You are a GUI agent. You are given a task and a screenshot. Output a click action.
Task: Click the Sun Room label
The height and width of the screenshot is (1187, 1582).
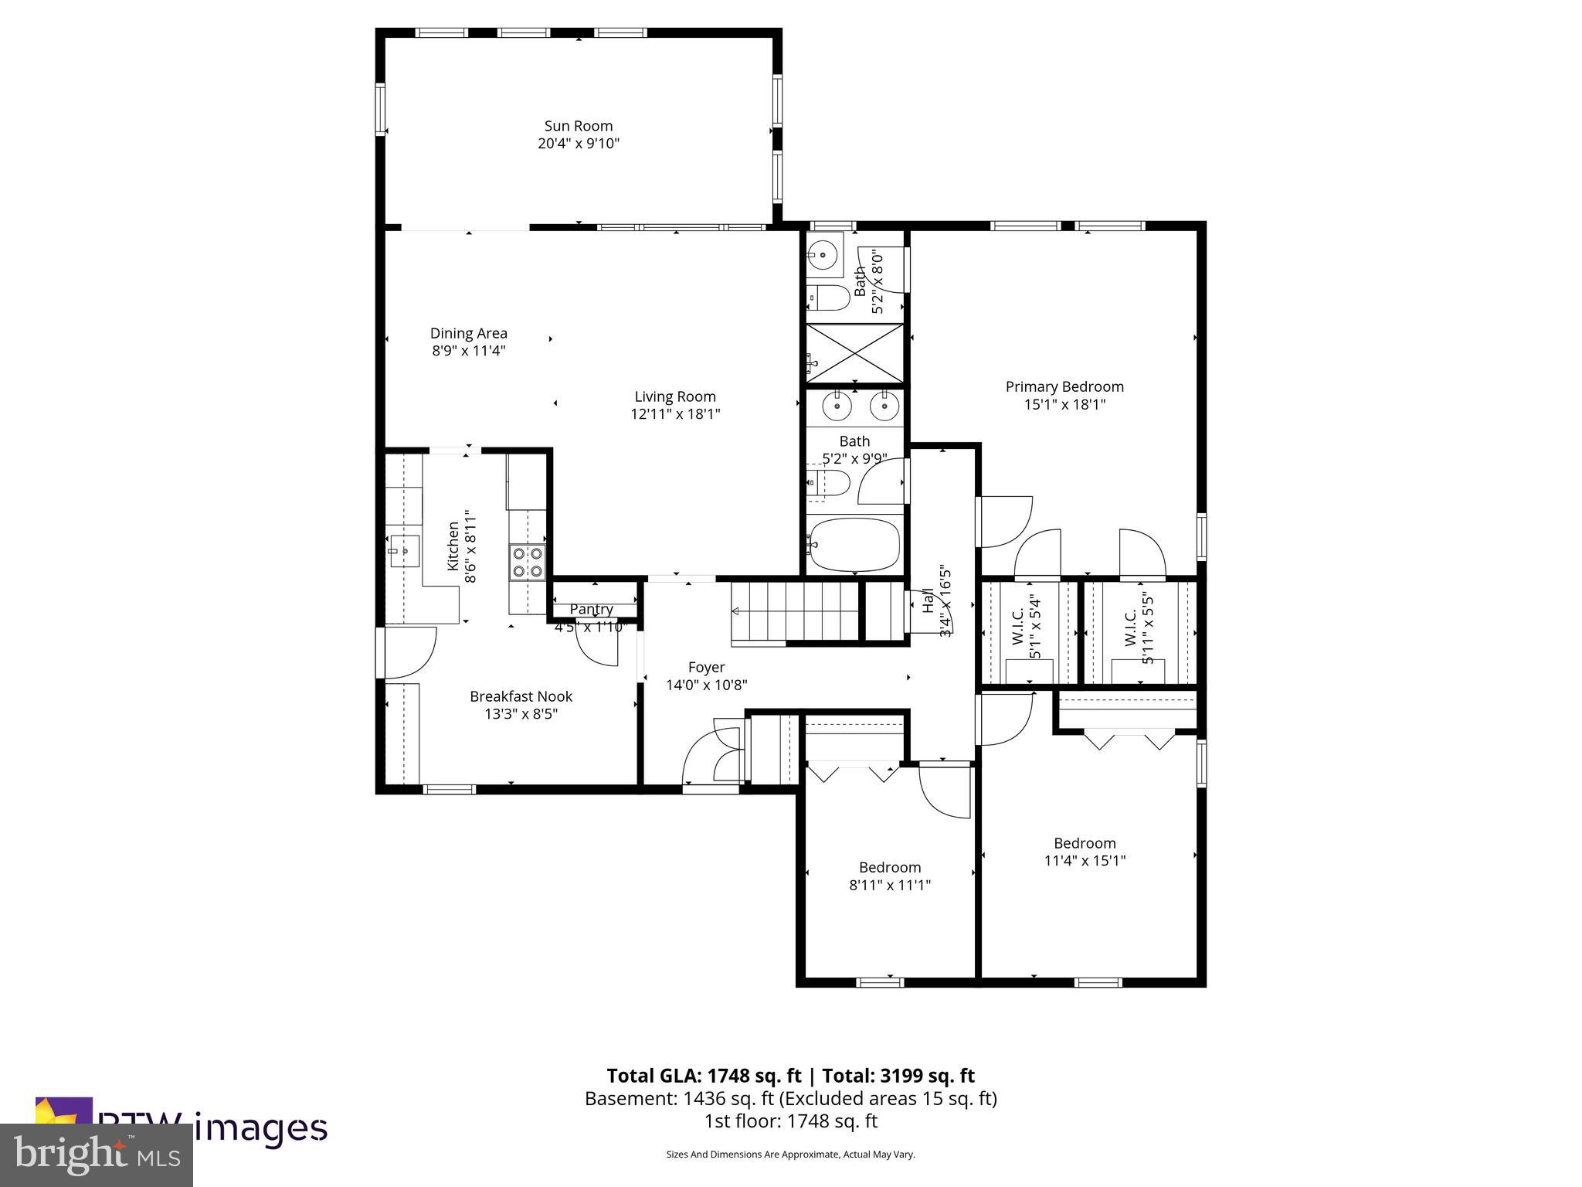578,126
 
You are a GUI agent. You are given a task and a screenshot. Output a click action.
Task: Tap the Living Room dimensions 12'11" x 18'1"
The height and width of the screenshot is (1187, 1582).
675,414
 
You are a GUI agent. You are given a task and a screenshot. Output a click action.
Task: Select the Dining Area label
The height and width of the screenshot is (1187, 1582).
468,333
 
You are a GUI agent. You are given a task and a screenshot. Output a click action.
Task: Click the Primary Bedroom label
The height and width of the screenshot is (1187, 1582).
1064,386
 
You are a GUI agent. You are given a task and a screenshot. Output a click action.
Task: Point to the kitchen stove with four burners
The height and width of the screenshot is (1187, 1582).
527,562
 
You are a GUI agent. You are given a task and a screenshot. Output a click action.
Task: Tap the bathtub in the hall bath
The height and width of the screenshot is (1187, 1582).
854,545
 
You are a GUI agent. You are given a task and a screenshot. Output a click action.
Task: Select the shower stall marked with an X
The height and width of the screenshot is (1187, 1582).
854,353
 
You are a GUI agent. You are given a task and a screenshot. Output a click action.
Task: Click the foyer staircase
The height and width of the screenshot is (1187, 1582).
796,611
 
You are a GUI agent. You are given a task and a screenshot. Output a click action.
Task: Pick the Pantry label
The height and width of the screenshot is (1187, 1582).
592,609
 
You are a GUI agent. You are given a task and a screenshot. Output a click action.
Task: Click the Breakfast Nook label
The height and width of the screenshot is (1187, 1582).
521,696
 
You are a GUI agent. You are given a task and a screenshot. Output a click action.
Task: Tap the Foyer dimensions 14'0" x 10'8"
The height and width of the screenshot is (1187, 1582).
706,685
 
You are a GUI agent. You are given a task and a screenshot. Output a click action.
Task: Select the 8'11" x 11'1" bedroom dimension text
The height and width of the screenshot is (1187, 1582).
889,885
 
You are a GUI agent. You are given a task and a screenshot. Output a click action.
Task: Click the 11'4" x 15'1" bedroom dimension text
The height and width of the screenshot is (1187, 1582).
1084,861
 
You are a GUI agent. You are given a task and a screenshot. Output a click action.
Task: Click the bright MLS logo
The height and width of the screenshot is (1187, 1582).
97,1155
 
